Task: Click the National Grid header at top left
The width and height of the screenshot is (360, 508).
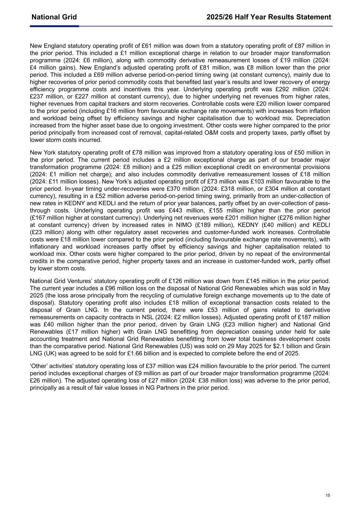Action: click(x=54, y=17)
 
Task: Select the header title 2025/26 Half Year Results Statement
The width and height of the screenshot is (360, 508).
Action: click(x=269, y=17)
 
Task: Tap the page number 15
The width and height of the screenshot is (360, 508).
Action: click(x=328, y=495)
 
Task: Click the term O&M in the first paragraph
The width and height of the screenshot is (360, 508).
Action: click(x=216, y=133)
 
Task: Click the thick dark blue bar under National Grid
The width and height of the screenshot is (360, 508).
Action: click(x=54, y=26)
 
